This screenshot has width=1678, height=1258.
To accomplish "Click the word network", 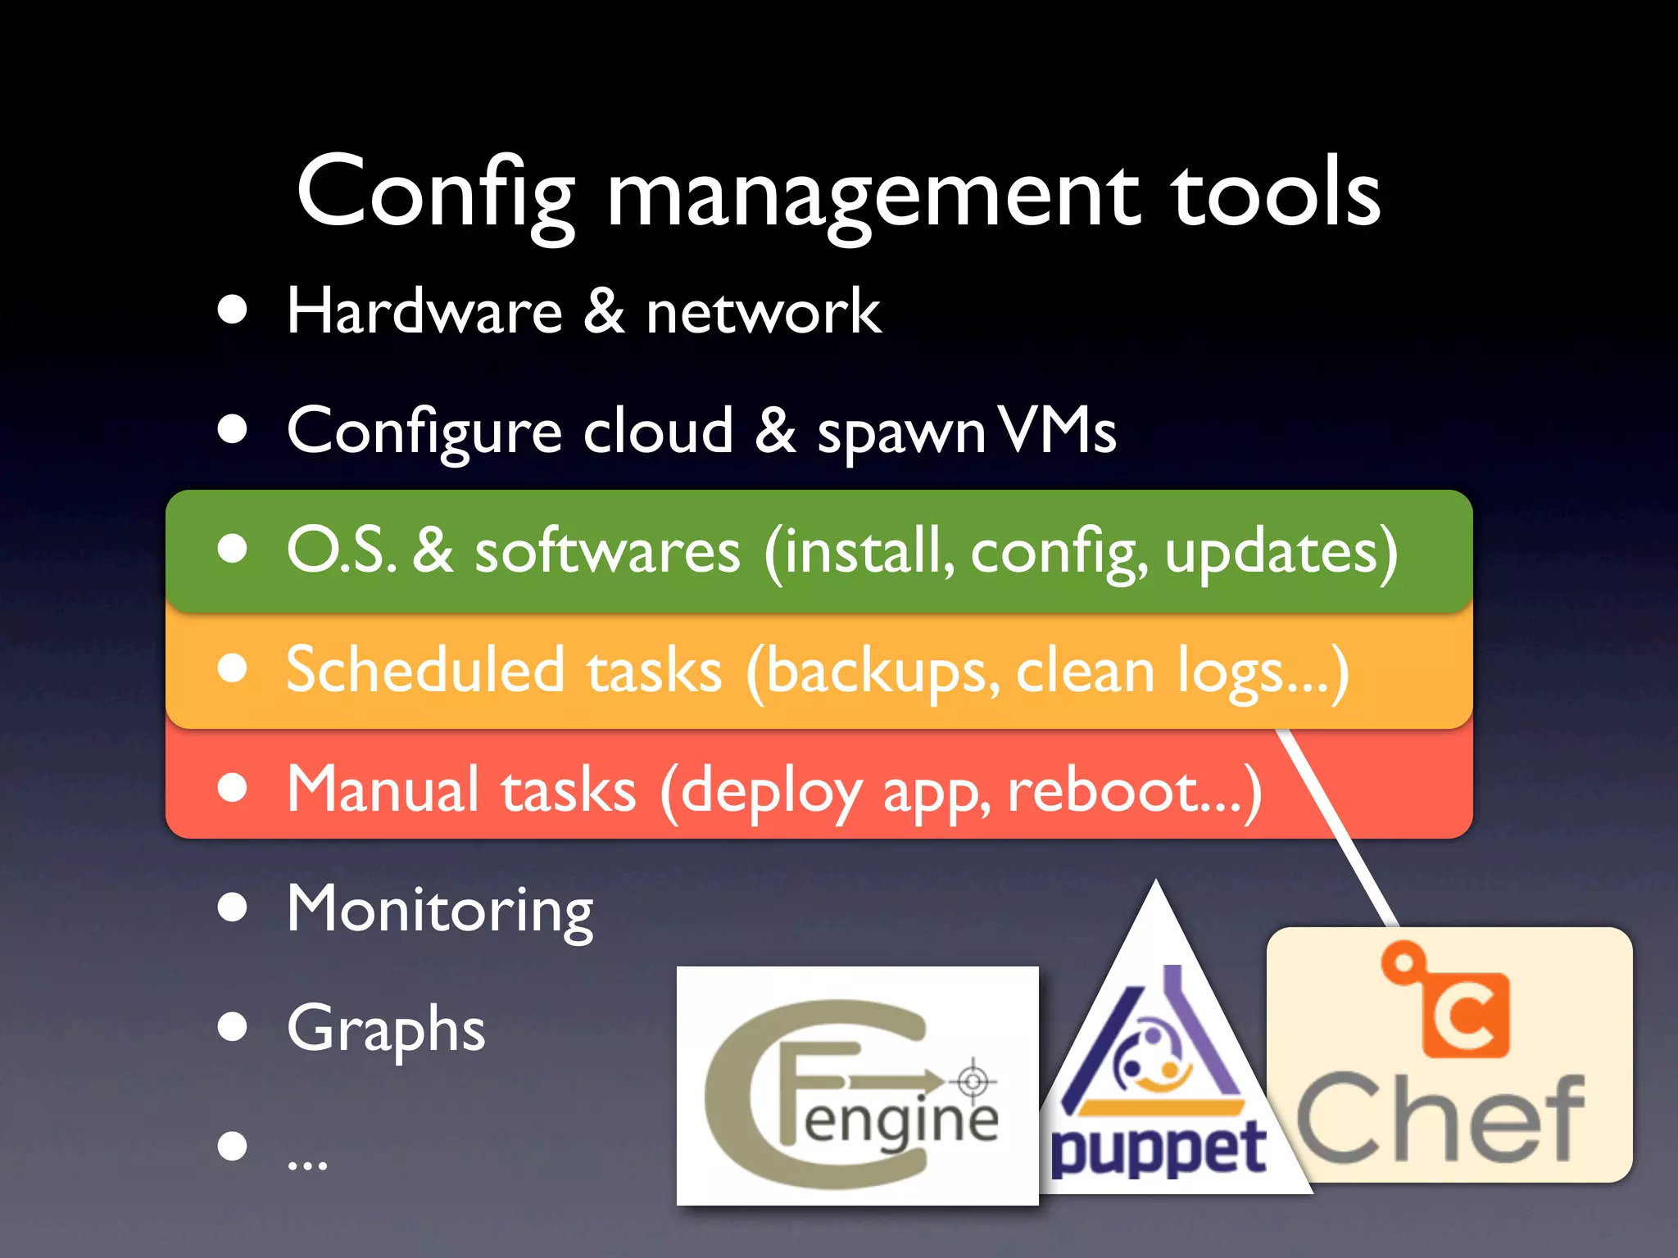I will (x=763, y=313).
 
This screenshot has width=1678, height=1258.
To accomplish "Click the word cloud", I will (x=658, y=431).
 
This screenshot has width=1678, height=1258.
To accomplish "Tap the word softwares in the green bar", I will (x=607, y=551).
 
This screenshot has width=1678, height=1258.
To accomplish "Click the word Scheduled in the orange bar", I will (x=425, y=670).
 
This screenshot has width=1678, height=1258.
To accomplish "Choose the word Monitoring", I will (x=440, y=910).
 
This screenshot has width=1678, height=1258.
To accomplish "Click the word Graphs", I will (x=386, y=1029).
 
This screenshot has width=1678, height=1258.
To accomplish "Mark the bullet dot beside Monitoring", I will (x=233, y=907).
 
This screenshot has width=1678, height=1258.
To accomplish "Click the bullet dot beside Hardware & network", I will (x=233, y=310).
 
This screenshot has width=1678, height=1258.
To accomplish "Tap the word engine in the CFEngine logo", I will (x=901, y=1120).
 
